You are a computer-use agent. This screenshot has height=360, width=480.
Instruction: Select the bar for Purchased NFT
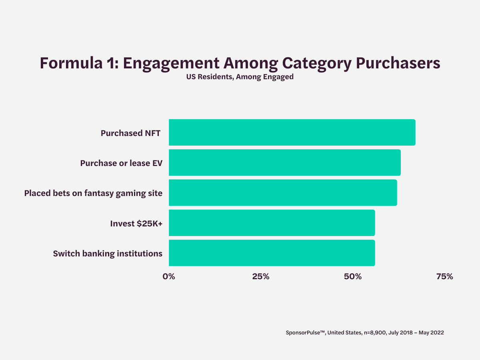tap(292, 132)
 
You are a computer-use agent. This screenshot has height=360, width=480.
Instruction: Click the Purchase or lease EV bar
tap(285, 162)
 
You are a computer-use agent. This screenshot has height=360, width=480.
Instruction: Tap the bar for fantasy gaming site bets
tap(283, 192)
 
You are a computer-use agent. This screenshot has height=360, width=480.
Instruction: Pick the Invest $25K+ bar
tap(272, 223)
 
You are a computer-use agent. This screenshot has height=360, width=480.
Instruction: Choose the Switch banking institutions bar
tap(272, 253)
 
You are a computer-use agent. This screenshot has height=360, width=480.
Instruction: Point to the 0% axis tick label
tap(169, 276)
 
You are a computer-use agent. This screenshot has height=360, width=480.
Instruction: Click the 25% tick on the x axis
tap(261, 276)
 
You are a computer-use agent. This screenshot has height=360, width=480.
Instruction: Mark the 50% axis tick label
tap(353, 276)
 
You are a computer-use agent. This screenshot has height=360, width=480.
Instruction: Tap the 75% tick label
tap(444, 276)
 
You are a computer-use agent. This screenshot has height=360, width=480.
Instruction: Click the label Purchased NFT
tap(130, 133)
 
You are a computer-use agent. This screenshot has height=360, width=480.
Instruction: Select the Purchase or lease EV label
tap(121, 163)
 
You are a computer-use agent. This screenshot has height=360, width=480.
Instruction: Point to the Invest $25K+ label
tap(136, 224)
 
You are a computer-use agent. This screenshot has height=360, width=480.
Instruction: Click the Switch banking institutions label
tap(108, 254)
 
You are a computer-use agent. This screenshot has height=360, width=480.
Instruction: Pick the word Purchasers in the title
tap(398, 63)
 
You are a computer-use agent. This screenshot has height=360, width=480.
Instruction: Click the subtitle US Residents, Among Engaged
tap(240, 77)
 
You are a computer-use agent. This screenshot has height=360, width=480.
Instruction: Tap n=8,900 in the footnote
tap(374, 333)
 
